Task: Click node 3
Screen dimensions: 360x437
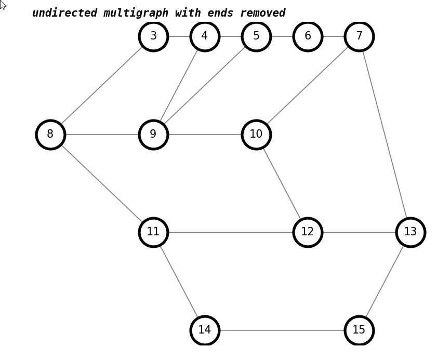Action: point(153,36)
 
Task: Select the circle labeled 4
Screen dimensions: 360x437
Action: point(205,36)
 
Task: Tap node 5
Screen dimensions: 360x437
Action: point(256,36)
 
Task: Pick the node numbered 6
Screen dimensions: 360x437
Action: point(308,36)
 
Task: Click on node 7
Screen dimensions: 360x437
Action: point(359,36)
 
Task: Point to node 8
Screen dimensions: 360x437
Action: point(50,135)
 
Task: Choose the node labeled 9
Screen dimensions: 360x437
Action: point(153,135)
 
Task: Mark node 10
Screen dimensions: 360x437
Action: point(256,135)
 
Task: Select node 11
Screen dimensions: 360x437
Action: point(153,232)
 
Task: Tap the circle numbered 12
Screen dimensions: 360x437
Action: point(308,232)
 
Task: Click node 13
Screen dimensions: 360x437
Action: point(410,232)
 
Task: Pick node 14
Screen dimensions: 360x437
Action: point(205,330)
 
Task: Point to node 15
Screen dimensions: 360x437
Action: point(359,330)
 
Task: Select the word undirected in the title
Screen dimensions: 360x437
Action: point(64,14)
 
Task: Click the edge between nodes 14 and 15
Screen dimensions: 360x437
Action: point(282,330)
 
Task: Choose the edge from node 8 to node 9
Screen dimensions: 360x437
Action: point(102,135)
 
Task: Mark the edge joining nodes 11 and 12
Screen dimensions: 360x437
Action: point(230,232)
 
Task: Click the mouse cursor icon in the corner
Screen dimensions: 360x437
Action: point(3,5)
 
